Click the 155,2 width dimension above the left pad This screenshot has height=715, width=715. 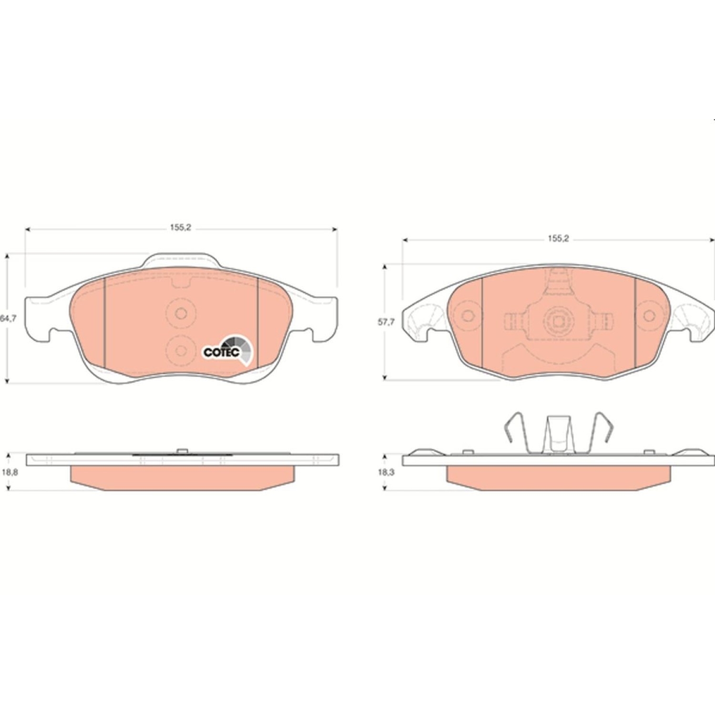pos(181,228)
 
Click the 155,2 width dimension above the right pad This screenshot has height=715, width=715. pos(558,239)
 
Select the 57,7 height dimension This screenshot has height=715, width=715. pos(386,322)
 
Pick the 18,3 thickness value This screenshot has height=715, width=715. pos(386,472)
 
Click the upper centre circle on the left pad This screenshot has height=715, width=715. pos(181,313)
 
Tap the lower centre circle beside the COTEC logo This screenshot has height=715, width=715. pos(181,351)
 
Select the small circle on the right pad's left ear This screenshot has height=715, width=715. pos(468,316)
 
